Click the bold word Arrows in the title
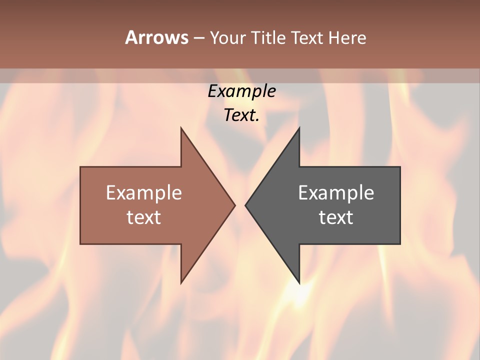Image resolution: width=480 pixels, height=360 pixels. coord(157,37)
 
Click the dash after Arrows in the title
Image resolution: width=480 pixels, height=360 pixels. coord(198,38)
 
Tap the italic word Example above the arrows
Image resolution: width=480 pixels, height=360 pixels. coord(241,91)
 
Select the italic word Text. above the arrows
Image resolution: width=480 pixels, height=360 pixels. coord(241,115)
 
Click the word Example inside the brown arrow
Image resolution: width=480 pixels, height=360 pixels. coord(144,192)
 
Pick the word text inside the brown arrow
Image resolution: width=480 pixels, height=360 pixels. coord(144,217)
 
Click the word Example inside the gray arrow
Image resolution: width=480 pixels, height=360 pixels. coord(336,192)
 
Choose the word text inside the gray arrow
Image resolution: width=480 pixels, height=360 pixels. coord(336,217)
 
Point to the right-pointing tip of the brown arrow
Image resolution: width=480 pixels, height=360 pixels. coord(235,205)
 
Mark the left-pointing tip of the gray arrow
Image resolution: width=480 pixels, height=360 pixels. coord(245,205)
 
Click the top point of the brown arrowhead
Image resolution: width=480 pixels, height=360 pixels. coord(181,128)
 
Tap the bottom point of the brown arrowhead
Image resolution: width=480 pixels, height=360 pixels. coord(181,283)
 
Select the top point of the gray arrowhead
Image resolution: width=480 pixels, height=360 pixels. coord(299,128)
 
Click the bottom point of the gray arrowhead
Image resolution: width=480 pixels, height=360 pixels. coord(299,283)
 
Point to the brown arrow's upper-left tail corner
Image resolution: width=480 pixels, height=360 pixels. coord(80,167)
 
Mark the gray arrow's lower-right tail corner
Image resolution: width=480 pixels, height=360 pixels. coord(400,244)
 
